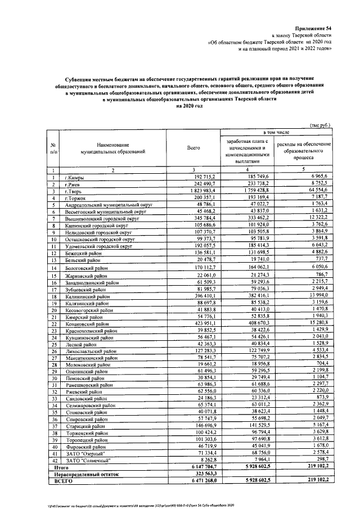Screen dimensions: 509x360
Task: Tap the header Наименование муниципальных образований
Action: pyautogui.click(x=112, y=148)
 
